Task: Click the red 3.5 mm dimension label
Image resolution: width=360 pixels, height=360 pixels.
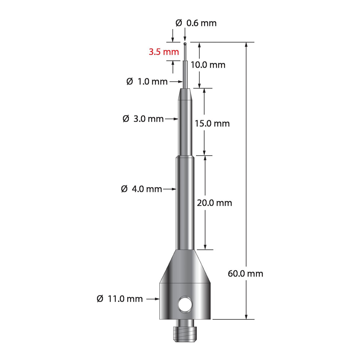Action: [164, 52]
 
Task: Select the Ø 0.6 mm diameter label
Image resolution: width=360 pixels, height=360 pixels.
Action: [196, 23]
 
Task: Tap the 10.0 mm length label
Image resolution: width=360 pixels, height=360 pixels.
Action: [208, 65]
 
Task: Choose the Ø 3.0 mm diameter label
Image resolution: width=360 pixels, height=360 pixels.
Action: [143, 118]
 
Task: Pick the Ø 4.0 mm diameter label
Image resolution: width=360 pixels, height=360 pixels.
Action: [141, 189]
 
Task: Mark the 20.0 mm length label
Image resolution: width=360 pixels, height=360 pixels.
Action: [214, 203]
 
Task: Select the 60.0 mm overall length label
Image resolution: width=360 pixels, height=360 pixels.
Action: [246, 274]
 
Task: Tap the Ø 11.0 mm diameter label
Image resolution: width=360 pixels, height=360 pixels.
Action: [120, 298]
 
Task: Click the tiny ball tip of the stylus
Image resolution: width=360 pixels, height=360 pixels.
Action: [185, 44]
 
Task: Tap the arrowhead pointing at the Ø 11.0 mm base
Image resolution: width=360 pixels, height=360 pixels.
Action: [157, 298]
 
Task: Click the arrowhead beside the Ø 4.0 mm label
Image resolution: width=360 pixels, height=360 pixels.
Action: [174, 189]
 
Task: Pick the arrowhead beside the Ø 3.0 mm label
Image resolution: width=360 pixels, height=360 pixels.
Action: [177, 118]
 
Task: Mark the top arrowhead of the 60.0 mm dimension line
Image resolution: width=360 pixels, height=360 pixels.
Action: [247, 45]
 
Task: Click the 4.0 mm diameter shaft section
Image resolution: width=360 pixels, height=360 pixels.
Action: [185, 202]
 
